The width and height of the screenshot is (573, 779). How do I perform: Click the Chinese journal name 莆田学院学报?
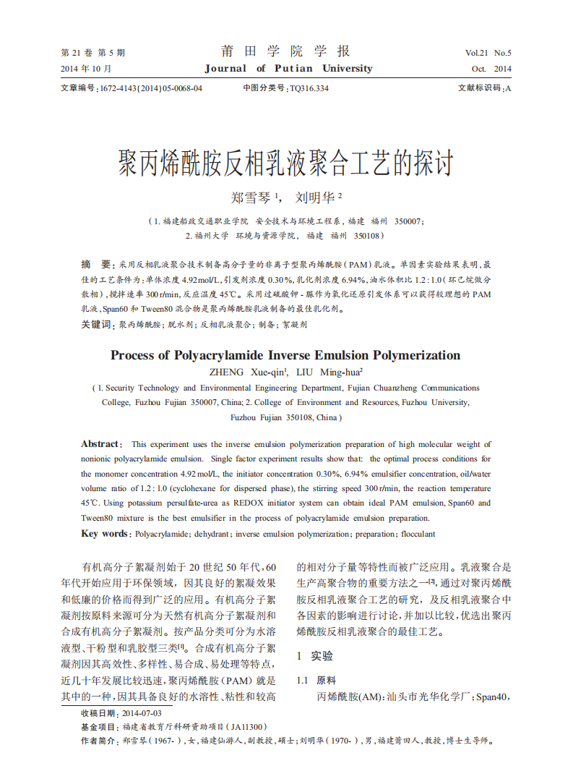pyautogui.click(x=285, y=51)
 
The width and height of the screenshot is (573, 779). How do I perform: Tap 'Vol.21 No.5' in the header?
pyautogui.click(x=488, y=53)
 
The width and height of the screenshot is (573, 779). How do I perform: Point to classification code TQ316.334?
pyautogui.click(x=309, y=88)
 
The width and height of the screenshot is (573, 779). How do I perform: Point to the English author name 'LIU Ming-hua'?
pyautogui.click(x=329, y=373)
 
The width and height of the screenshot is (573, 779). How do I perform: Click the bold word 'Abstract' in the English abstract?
pyautogui.click(x=99, y=444)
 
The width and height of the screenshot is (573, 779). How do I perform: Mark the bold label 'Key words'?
pyautogui.click(x=104, y=534)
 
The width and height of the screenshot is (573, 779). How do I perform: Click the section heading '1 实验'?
pyautogui.click(x=316, y=656)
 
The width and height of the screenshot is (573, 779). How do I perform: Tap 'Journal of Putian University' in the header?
pyautogui.click(x=288, y=69)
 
